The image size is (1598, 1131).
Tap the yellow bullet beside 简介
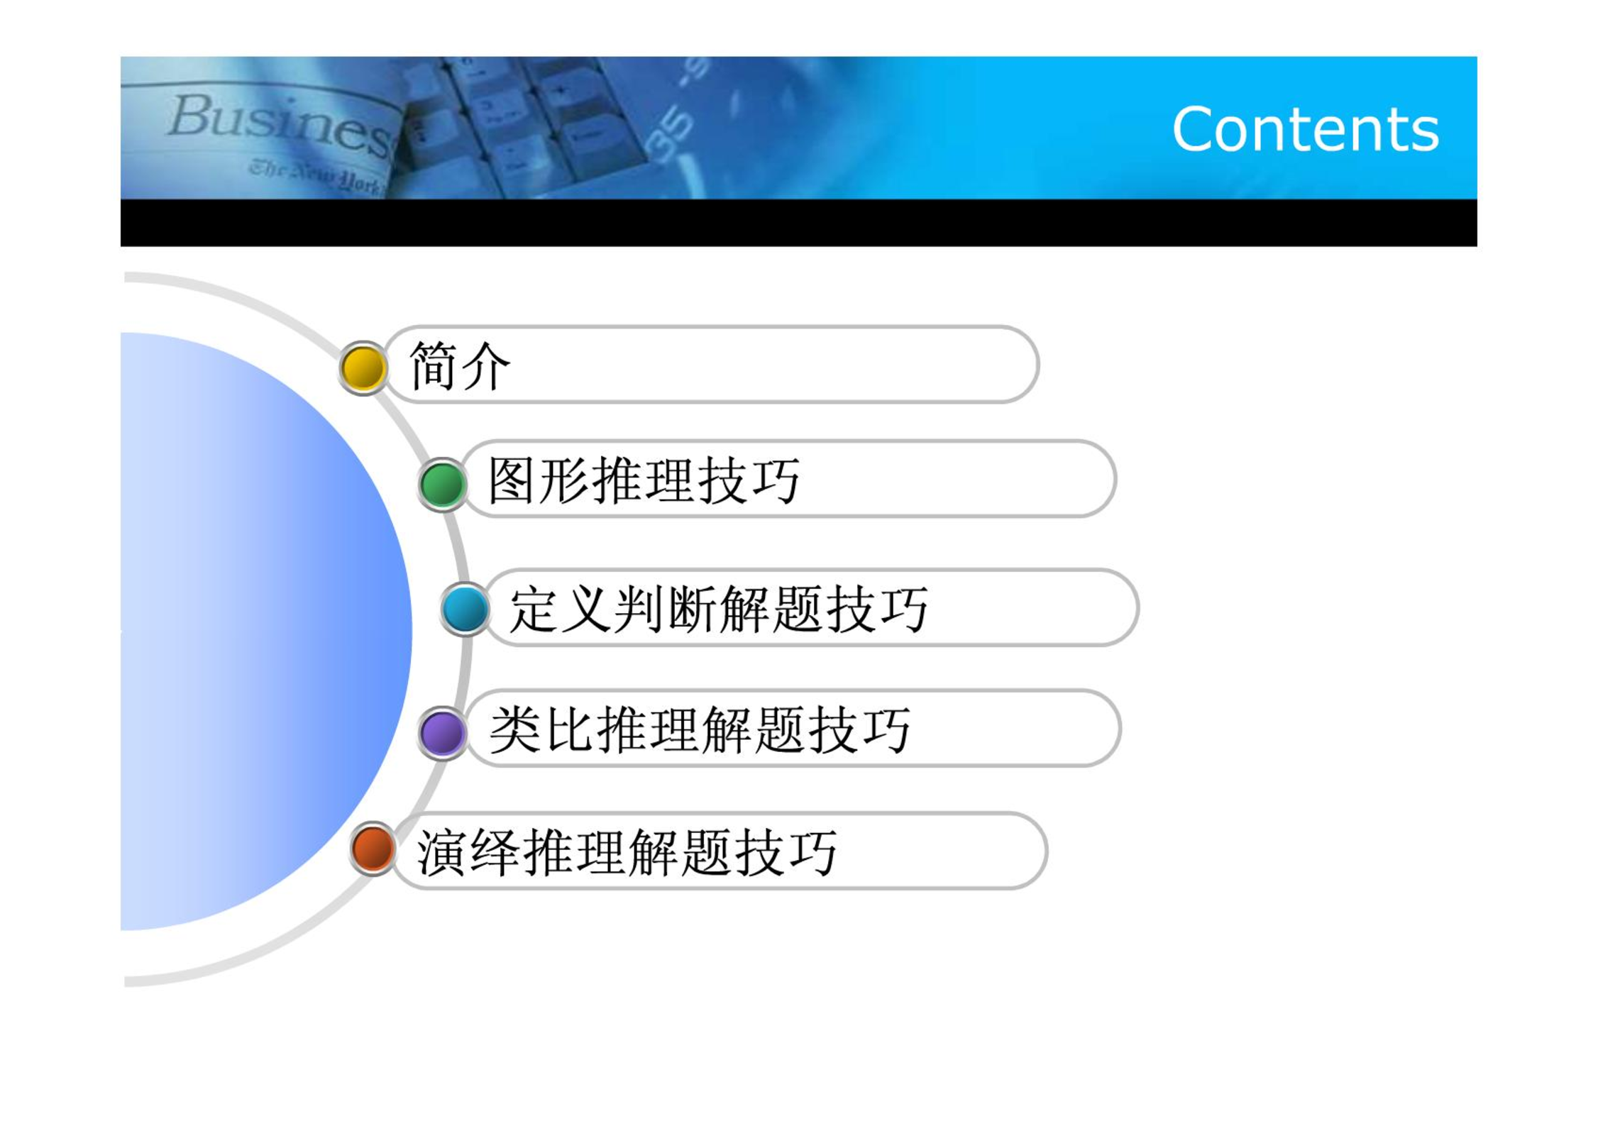[x=363, y=368]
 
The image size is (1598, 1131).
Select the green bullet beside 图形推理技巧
[x=442, y=484]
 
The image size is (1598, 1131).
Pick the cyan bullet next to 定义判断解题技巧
[x=465, y=608]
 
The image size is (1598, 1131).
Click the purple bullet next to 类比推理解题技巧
[x=442, y=732]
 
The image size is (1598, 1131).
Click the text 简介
[x=460, y=365]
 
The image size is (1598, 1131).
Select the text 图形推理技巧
[x=644, y=480]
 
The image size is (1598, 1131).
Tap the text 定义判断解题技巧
[x=719, y=609]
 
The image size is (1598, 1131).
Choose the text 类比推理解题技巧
[x=700, y=729]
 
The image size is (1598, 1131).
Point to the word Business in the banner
[x=280, y=125]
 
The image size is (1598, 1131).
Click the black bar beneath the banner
[x=799, y=223]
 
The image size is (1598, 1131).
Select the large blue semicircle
[x=266, y=631]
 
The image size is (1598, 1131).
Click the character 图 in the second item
[x=513, y=480]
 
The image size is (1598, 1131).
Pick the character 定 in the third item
[x=534, y=609]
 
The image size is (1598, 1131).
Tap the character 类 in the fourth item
[x=515, y=729]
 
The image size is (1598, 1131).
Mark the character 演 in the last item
[x=441, y=852]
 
